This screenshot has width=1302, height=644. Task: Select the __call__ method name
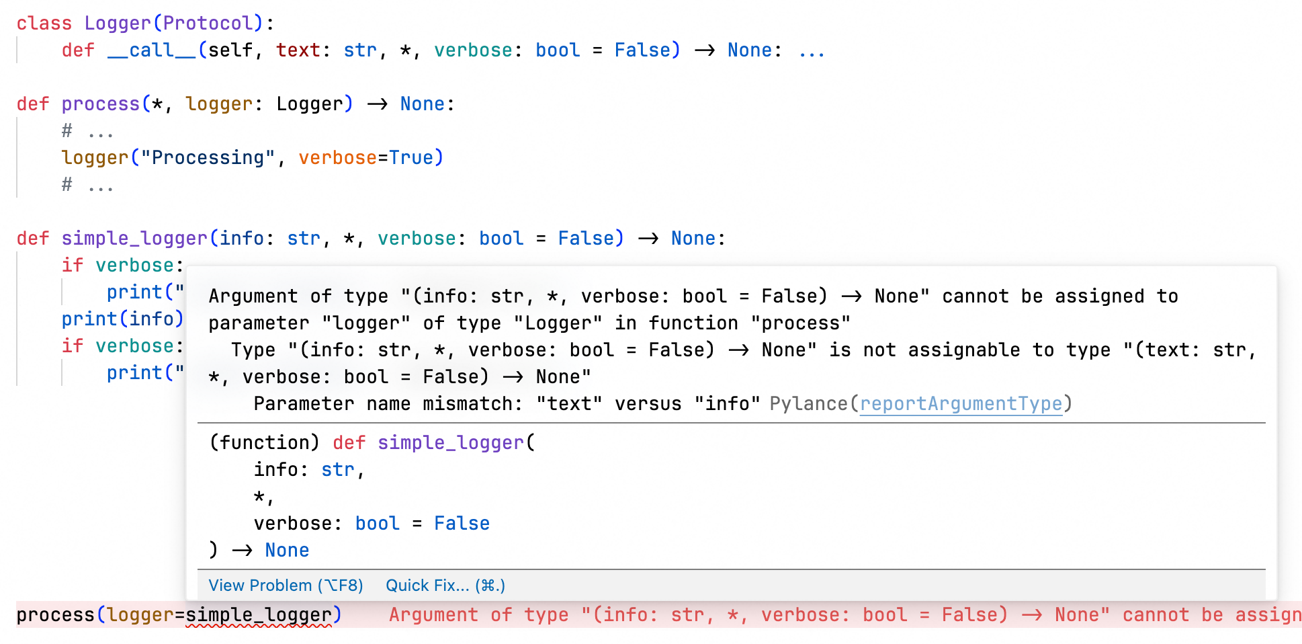[x=152, y=50]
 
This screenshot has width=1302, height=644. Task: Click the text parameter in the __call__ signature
[x=298, y=50]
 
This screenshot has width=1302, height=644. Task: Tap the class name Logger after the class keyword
[x=118, y=24]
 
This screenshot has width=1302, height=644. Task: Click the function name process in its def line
[x=100, y=104]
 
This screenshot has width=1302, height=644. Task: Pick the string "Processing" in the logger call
[x=208, y=158]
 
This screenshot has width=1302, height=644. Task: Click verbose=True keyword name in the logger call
[x=337, y=158]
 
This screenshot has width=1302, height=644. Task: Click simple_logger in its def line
[x=134, y=239]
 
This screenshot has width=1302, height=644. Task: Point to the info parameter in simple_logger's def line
[x=242, y=239]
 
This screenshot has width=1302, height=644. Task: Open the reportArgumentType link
[x=961, y=404]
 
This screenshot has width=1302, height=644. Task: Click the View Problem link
[x=286, y=586]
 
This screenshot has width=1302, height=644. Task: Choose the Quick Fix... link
[x=445, y=586]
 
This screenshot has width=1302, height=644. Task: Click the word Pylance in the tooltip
[x=808, y=404]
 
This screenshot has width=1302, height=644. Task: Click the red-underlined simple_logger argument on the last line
[x=259, y=615]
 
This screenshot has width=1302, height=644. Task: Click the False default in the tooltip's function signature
[x=462, y=524]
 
